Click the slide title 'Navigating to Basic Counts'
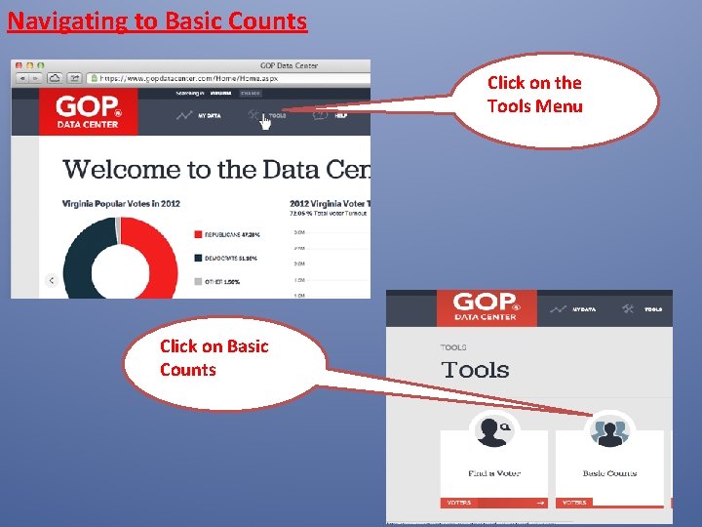pyautogui.click(x=157, y=20)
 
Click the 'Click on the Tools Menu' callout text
pyautogui.click(x=534, y=95)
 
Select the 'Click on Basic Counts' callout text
pyautogui.click(x=214, y=357)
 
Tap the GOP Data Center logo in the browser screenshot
pyautogui.click(x=89, y=111)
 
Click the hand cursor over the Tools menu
pyautogui.click(x=265, y=122)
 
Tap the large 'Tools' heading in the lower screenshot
pyautogui.click(x=475, y=370)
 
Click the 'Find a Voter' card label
pyautogui.click(x=494, y=473)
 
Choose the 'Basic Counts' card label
pyautogui.click(x=609, y=473)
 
